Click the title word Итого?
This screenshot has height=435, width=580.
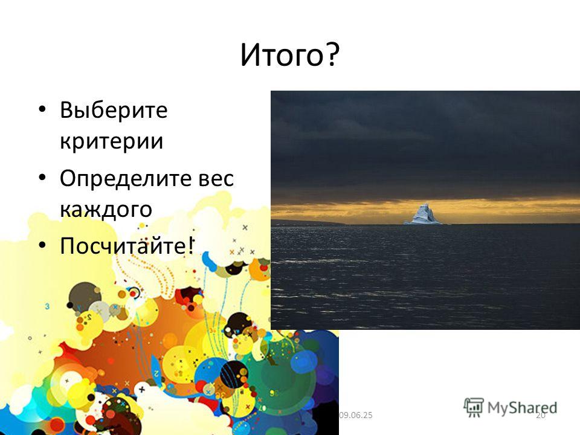289,56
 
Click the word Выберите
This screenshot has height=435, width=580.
114,110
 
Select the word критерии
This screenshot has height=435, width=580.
111,141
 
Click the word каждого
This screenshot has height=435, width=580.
106,210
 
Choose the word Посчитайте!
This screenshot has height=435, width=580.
126,245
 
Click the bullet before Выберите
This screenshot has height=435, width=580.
42,109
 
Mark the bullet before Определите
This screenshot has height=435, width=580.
42,178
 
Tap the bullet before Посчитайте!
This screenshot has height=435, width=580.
42,245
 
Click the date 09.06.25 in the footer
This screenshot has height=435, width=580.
355,415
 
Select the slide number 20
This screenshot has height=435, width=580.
540,416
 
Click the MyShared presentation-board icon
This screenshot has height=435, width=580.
474,408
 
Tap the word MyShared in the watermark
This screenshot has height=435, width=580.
522,408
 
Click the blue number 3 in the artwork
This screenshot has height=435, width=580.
47,306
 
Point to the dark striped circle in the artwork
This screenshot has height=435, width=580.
234,374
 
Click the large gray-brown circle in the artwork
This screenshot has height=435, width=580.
85,296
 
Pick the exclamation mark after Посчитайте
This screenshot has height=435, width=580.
190,245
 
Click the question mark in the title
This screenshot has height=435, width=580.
332,56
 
